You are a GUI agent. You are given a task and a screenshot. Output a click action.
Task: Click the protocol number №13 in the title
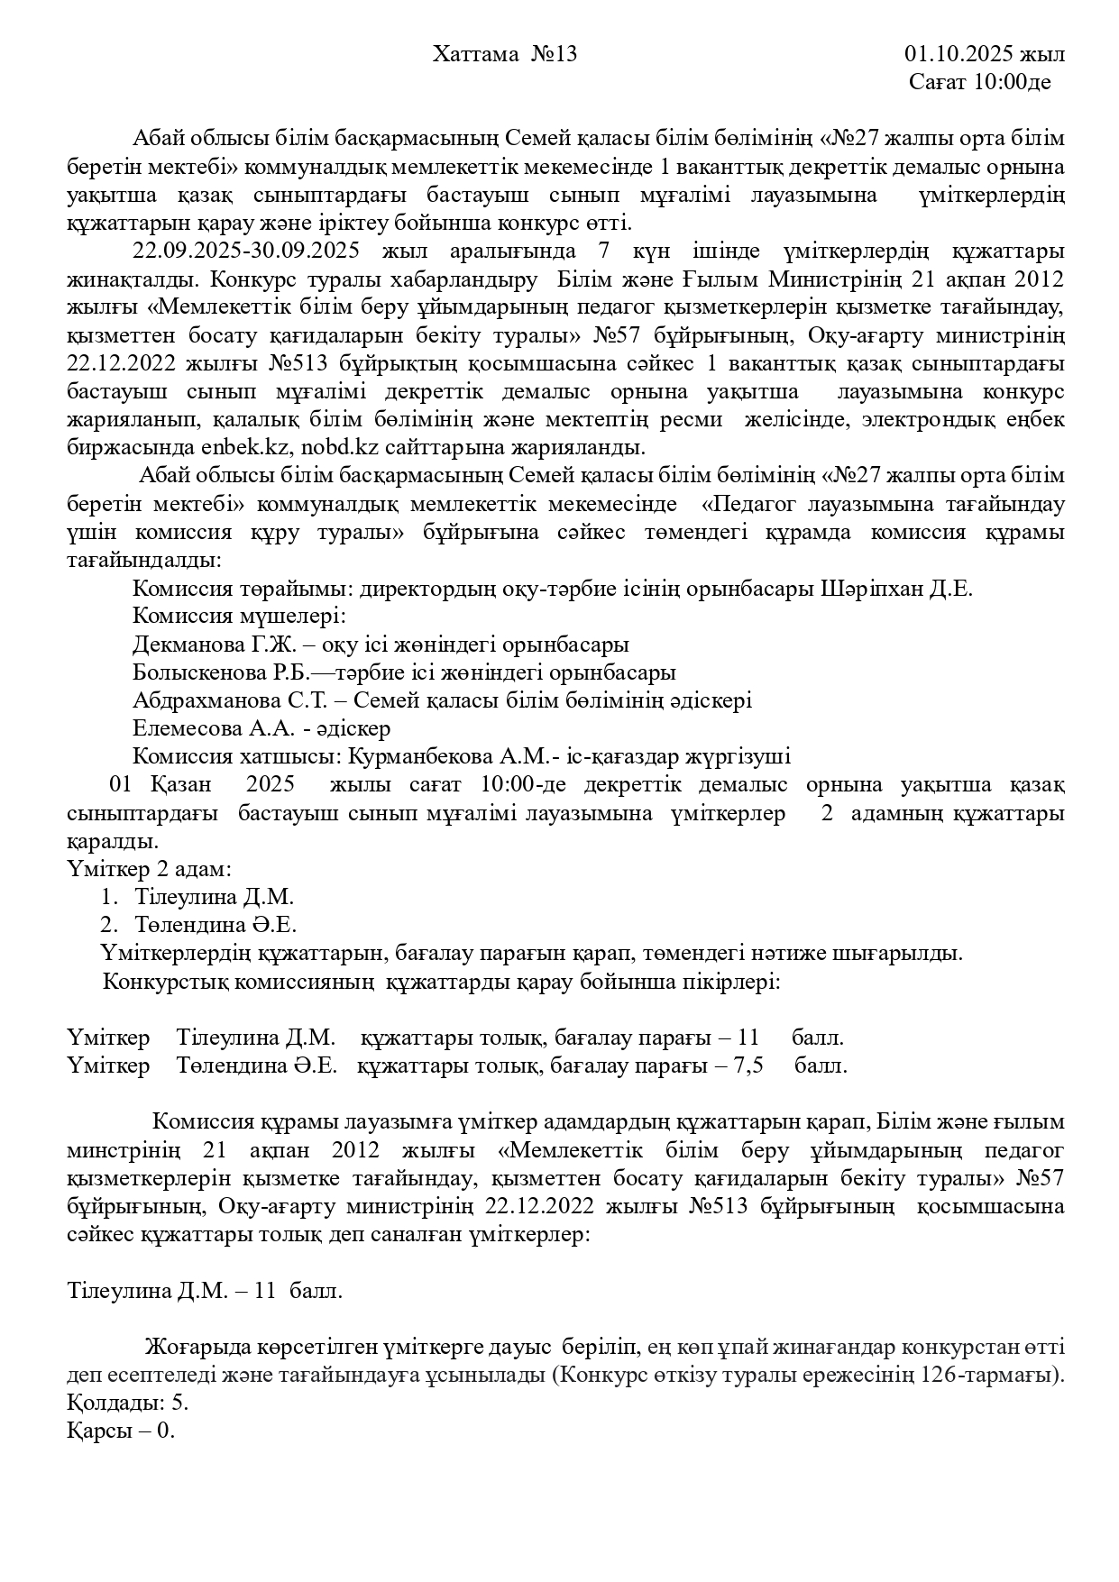pyautogui.click(x=554, y=54)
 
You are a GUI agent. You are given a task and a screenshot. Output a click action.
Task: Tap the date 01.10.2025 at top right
pyautogui.click(x=958, y=54)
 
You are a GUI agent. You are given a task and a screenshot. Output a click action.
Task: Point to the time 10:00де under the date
pyautogui.click(x=1013, y=83)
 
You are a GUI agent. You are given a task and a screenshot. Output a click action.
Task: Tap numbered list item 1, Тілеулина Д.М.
pyautogui.click(x=215, y=897)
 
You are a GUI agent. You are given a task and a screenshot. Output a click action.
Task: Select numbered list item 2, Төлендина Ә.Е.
pyautogui.click(x=216, y=925)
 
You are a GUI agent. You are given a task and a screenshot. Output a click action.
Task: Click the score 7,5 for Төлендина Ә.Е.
pyautogui.click(x=750, y=1065)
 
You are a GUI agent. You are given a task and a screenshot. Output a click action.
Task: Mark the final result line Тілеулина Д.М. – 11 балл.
pyautogui.click(x=206, y=1290)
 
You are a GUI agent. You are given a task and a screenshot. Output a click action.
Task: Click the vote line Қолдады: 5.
pyautogui.click(x=128, y=1403)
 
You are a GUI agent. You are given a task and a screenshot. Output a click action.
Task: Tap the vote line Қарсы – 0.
pyautogui.click(x=121, y=1431)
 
